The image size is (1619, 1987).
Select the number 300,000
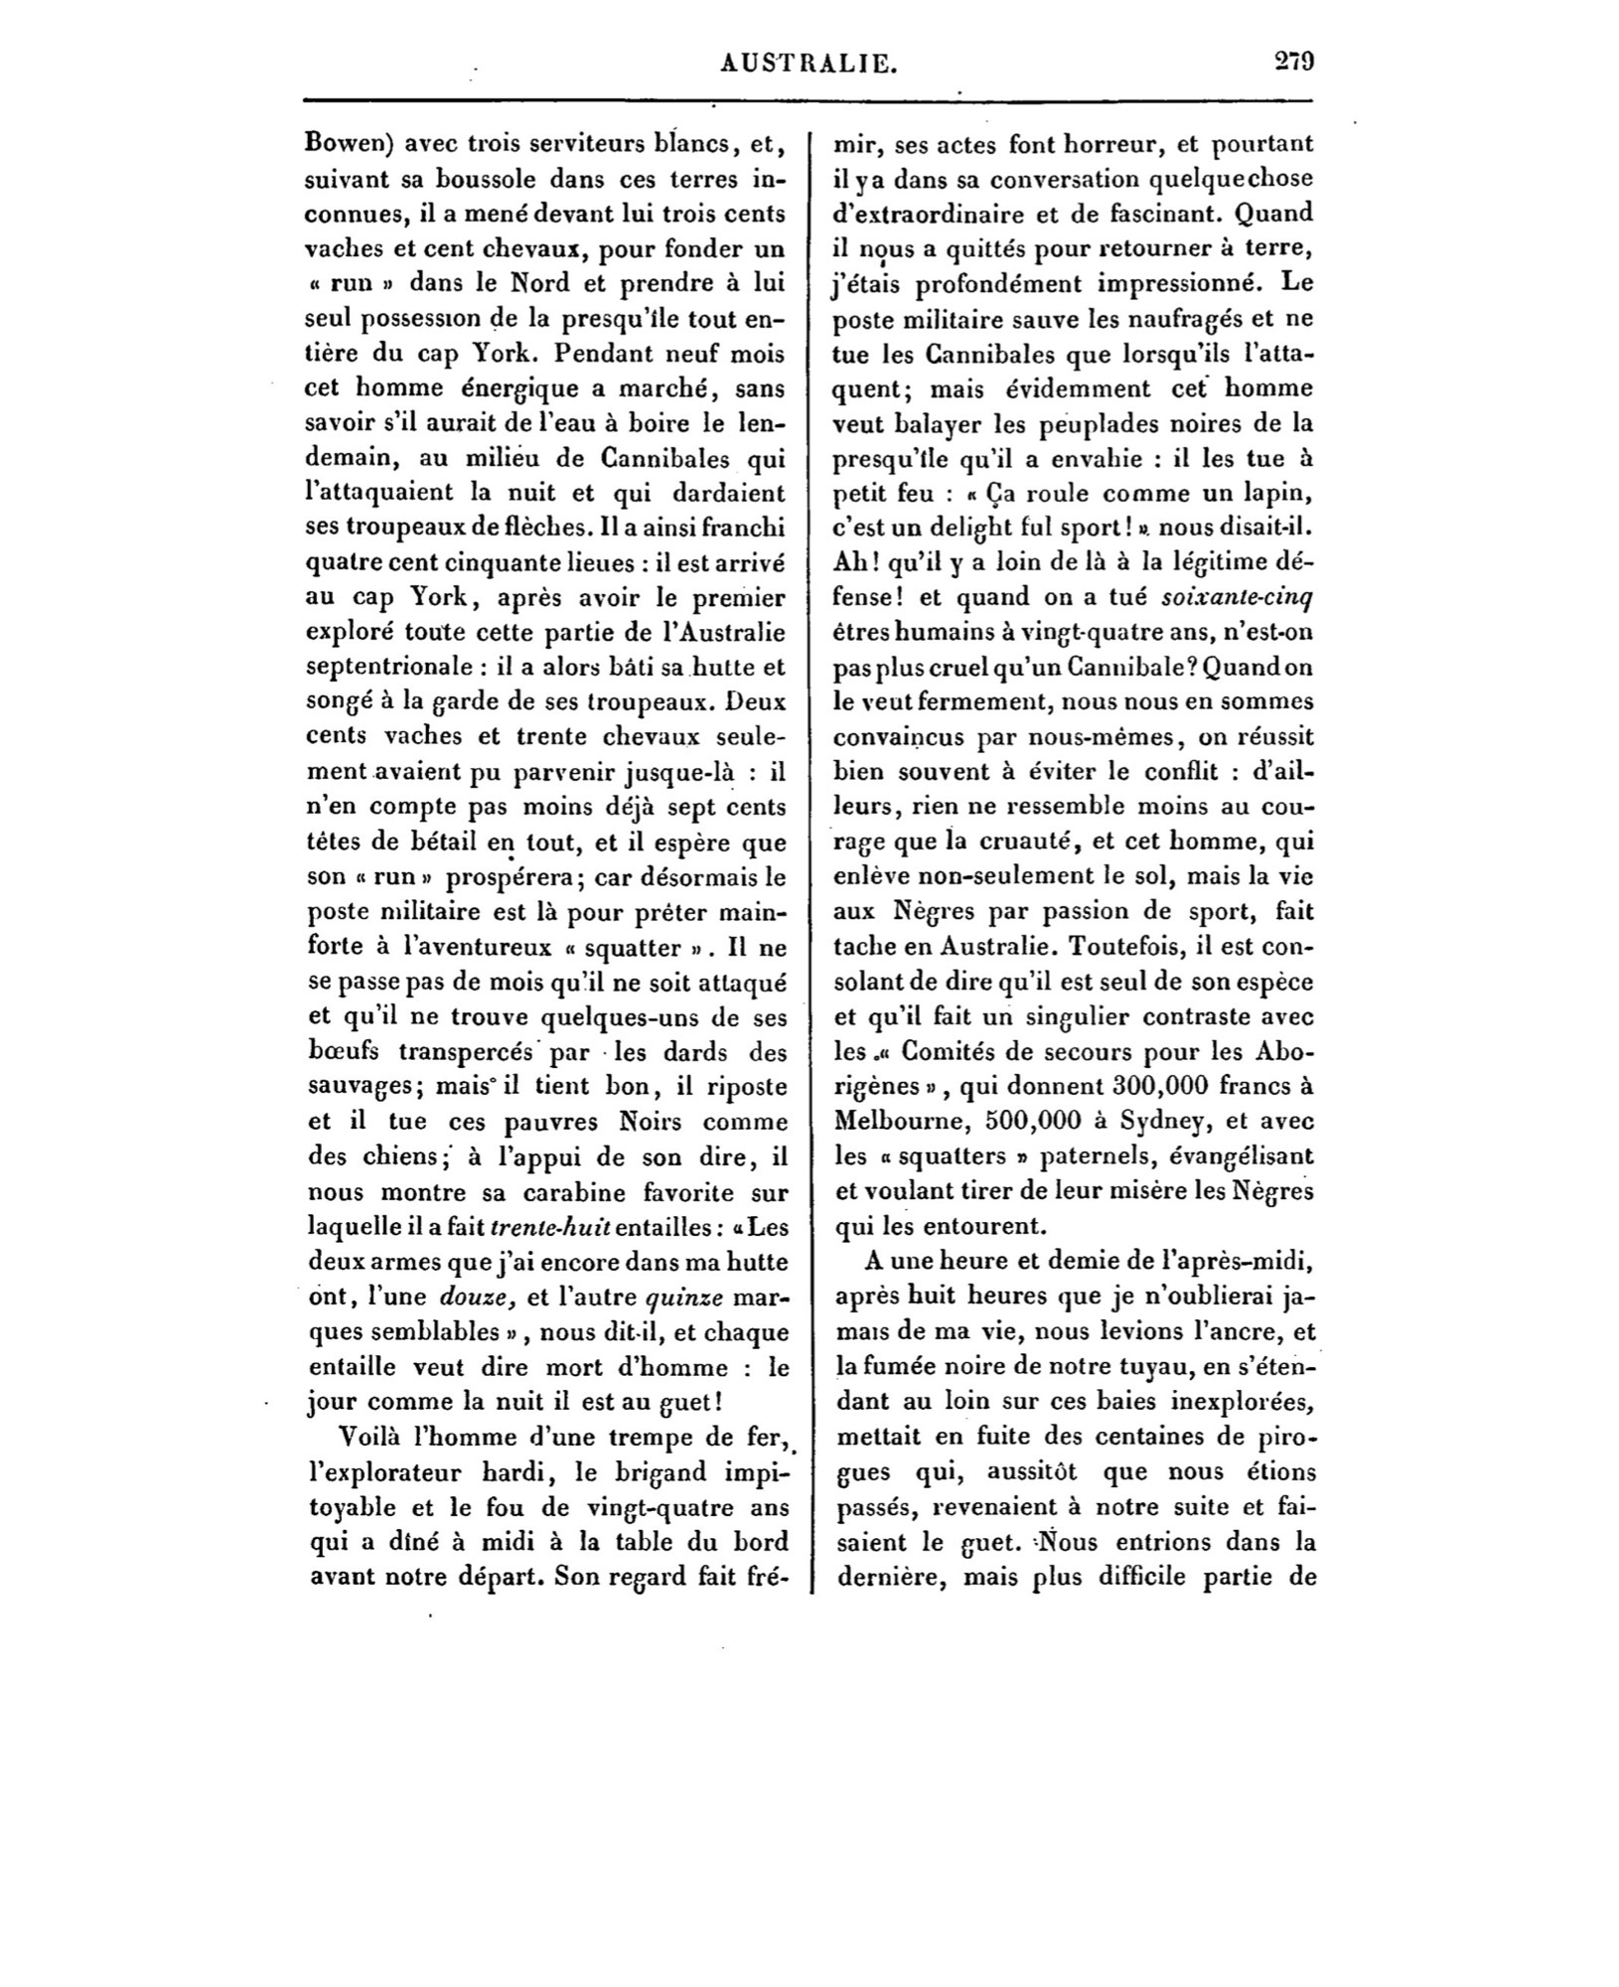click(1142, 1086)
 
